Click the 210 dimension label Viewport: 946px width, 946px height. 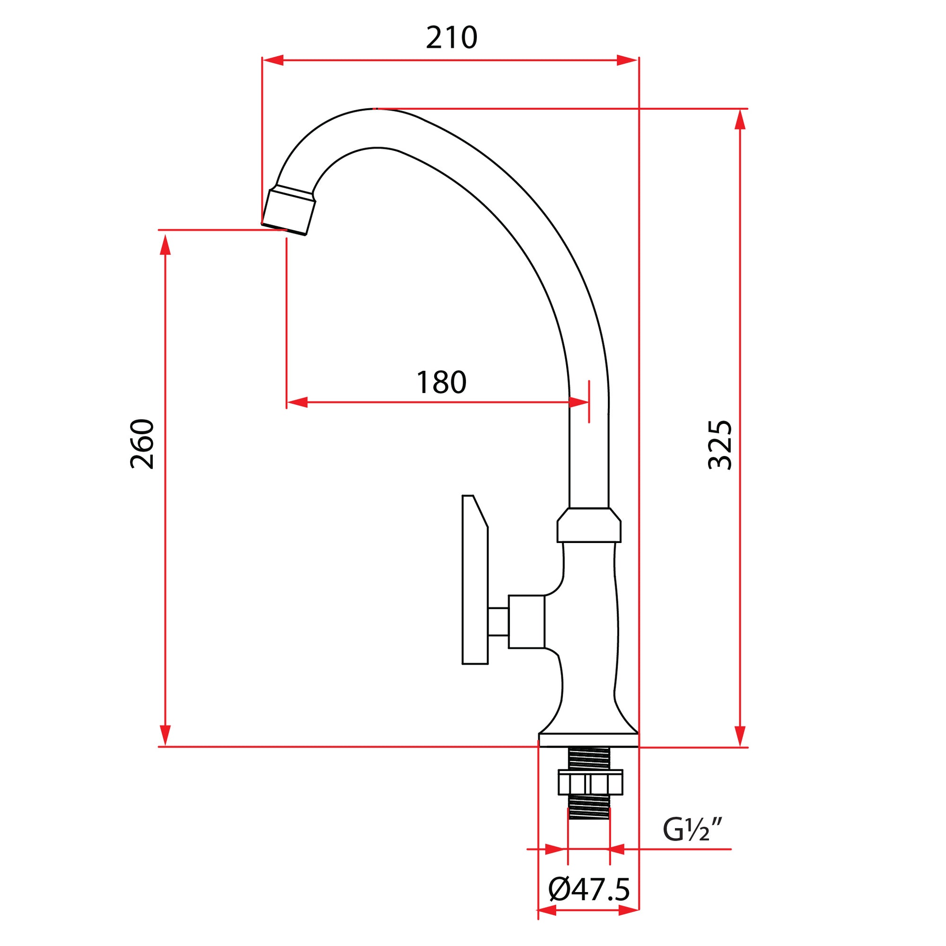coord(451,39)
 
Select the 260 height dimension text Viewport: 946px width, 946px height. coord(142,444)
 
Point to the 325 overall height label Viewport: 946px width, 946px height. coord(720,445)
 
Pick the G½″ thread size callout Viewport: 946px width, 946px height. coord(692,829)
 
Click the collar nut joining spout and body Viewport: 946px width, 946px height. coord(588,526)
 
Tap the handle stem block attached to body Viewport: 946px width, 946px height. coord(526,622)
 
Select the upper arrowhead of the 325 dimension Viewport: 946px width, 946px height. coord(740,120)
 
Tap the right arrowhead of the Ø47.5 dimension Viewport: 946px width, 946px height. coord(629,924)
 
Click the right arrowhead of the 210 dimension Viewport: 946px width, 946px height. coord(627,60)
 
